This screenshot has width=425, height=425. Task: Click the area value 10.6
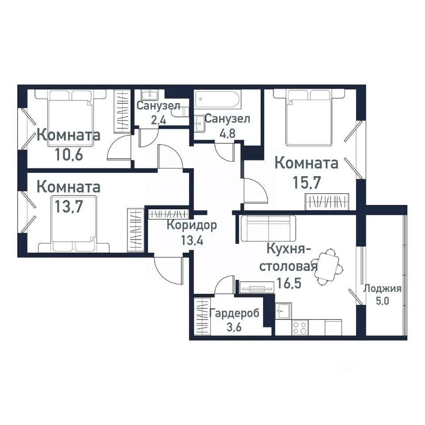pyautogui.click(x=69, y=155)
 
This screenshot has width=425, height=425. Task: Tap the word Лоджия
pyautogui.click(x=382, y=289)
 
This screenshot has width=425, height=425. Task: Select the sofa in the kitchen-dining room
pyautogui.click(x=268, y=228)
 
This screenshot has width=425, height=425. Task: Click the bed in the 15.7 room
pyautogui.click(x=309, y=117)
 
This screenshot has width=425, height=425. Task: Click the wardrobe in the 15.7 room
pyautogui.click(x=328, y=201)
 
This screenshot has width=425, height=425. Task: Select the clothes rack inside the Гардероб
pyautogui.click(x=202, y=317)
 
